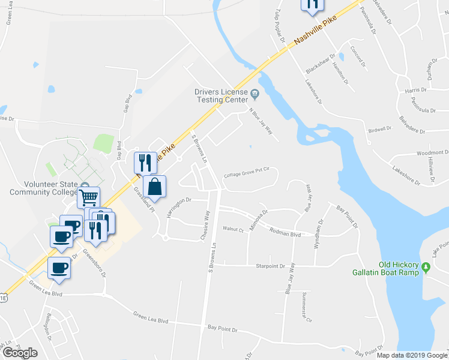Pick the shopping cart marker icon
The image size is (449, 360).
tap(88, 196)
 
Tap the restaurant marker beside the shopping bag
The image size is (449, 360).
tap(145, 162)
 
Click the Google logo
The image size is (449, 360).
tap(20, 353)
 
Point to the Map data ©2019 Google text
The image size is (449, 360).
tap(412, 355)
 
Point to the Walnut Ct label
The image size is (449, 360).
tap(233, 229)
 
